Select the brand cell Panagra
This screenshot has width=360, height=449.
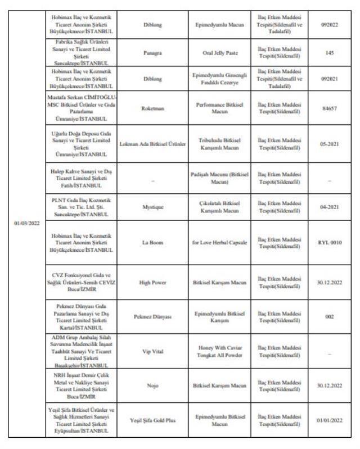click(152, 53)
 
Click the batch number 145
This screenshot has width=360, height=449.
click(329, 53)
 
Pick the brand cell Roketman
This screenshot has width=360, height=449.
click(152, 108)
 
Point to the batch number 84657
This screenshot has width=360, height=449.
click(329, 108)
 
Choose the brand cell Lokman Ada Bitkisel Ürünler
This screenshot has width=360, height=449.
click(152, 144)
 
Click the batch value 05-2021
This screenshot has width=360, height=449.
click(329, 144)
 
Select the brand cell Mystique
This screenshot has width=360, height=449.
click(152, 207)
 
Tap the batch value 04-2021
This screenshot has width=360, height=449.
click(329, 207)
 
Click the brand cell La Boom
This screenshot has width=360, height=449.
click(152, 243)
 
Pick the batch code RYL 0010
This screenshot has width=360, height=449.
click(329, 243)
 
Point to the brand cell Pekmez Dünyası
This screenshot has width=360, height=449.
click(152, 317)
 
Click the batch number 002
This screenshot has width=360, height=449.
click(329, 317)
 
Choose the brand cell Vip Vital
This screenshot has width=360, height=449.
click(152, 352)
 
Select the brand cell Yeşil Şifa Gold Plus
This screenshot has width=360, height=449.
click(152, 420)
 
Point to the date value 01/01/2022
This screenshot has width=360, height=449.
click(329, 420)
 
